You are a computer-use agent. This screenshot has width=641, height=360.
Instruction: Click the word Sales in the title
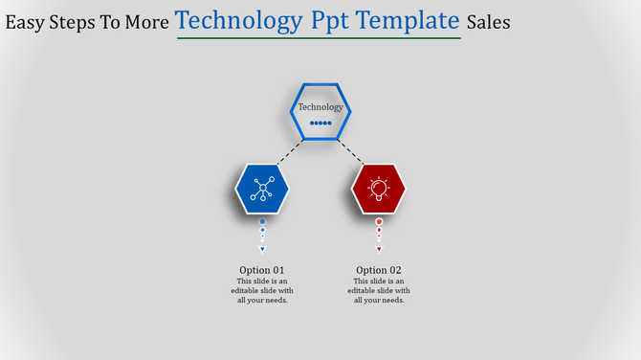(x=488, y=22)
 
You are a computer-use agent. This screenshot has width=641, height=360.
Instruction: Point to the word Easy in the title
(x=26, y=22)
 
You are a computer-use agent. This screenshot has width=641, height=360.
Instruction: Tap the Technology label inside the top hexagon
(x=320, y=107)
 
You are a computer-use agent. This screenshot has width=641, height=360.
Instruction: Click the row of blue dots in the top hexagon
(x=320, y=123)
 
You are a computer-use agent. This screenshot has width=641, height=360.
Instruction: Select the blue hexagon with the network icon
(x=262, y=189)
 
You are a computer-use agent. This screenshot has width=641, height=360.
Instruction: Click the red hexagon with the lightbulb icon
(x=379, y=189)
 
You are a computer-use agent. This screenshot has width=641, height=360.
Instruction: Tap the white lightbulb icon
(x=379, y=189)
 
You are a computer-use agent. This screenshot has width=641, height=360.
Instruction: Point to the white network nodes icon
(x=262, y=189)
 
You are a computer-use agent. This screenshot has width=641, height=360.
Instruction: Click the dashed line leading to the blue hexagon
(x=291, y=151)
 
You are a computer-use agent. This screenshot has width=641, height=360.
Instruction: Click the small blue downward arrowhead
(x=262, y=249)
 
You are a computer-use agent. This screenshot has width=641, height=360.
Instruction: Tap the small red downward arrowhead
(x=379, y=249)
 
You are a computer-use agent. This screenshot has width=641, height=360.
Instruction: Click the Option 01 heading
(x=262, y=270)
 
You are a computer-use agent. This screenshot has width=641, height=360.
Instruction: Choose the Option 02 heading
(x=379, y=270)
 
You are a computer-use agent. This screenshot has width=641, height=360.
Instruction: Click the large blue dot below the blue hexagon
(x=262, y=221)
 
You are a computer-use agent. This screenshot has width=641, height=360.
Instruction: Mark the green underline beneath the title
(x=318, y=38)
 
